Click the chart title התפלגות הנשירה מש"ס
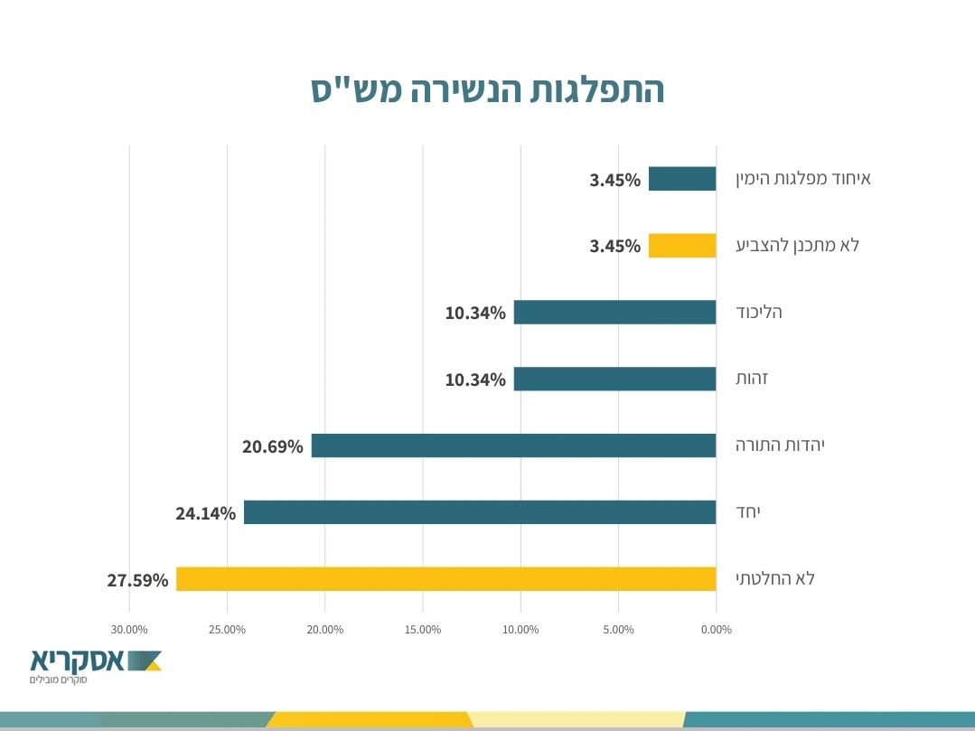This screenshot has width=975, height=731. click(x=488, y=90)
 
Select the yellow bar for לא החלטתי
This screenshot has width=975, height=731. click(x=445, y=579)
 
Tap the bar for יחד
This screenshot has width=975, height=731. click(x=479, y=512)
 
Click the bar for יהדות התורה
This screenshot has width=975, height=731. click(x=513, y=445)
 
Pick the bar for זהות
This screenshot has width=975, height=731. click(x=614, y=379)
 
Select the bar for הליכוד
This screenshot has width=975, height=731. click(x=614, y=313)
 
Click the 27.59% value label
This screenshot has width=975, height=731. click(x=137, y=580)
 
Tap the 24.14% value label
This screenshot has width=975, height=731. click(x=205, y=513)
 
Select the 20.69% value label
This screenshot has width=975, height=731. click(x=272, y=446)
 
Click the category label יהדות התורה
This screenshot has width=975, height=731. click(x=781, y=445)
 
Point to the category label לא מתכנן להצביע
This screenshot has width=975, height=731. click(x=798, y=245)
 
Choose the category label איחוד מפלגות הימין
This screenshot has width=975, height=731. click(x=803, y=178)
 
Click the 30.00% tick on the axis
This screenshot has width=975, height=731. click(x=129, y=630)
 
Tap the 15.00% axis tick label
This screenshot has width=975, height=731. click(x=423, y=630)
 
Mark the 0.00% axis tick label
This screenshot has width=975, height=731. click(x=716, y=630)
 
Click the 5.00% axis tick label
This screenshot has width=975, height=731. click(x=618, y=630)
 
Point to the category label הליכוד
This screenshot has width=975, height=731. click(x=759, y=312)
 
